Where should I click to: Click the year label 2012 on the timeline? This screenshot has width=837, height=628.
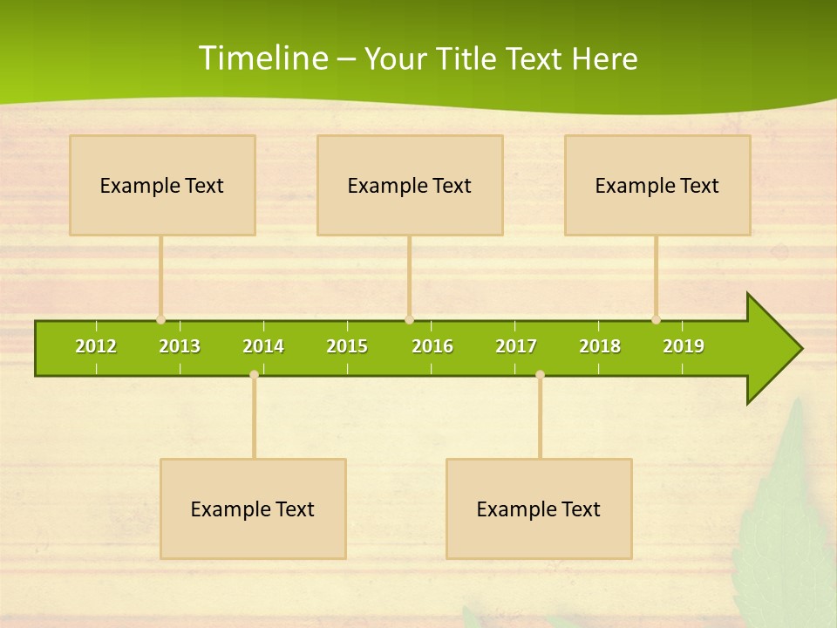point(96,346)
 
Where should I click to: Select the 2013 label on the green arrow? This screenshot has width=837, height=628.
point(180,346)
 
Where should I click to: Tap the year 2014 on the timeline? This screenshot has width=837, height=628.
point(263,346)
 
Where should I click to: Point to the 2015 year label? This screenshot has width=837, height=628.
point(347,346)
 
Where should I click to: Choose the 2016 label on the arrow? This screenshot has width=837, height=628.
point(432,346)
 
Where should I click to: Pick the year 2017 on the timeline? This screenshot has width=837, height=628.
point(516,346)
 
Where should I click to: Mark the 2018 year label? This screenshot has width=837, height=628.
point(600,346)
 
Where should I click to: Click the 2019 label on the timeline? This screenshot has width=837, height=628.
point(684,346)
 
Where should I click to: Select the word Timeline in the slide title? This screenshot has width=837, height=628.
point(262,58)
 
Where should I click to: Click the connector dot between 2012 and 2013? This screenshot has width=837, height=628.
point(161,320)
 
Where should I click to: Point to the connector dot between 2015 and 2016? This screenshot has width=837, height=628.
point(409,320)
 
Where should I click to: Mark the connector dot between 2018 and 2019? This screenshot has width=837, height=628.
point(656,320)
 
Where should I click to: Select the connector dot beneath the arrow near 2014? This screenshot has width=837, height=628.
point(254,374)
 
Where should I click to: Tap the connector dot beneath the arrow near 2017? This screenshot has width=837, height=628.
point(540,374)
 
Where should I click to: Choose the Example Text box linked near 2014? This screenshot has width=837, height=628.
point(253,509)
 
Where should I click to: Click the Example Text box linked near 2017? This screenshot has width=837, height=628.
point(539,509)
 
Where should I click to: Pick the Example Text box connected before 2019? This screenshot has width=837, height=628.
point(657,185)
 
